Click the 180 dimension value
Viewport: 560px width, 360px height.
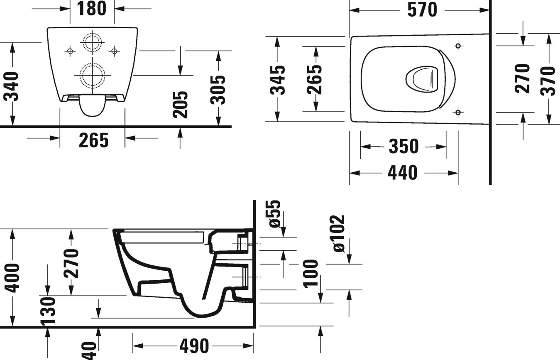tap(92, 8)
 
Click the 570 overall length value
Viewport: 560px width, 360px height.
tap(422, 10)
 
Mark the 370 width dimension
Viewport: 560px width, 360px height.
tap(548, 81)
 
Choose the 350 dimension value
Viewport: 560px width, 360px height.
tap(403, 146)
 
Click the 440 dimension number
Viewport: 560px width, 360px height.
tap(403, 172)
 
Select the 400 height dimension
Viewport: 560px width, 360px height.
tap(13, 277)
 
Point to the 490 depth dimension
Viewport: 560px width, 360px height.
tap(194, 345)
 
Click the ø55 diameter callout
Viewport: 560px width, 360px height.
tap(275, 214)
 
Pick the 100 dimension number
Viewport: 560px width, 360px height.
tap(311, 274)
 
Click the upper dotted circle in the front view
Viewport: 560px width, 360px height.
tap(92, 42)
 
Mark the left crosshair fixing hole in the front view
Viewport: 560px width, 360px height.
tap(70, 51)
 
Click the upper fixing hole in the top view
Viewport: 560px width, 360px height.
tap(458, 46)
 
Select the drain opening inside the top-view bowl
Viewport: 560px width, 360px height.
tap(422, 78)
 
